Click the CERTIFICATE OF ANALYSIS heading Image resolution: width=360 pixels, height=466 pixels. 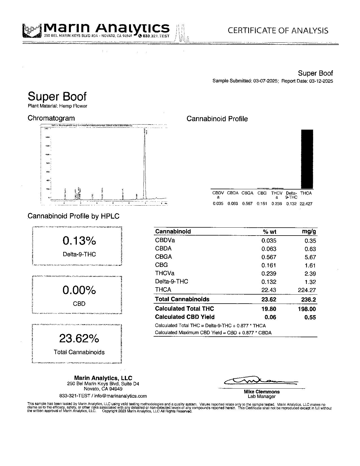pyautogui.click(x=278, y=31)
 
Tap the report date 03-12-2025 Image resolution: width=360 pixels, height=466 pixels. pyautogui.click(x=321, y=81)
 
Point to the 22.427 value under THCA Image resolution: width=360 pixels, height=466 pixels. pyautogui.click(x=306, y=204)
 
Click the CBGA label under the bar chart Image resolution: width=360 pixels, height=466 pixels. pyautogui.click(x=247, y=193)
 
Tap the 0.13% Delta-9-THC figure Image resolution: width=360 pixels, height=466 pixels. pyautogui.click(x=79, y=241)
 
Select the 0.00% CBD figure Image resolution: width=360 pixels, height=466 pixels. pyautogui.click(x=79, y=290)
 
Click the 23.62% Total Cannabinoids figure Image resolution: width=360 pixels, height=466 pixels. pyautogui.click(x=79, y=338)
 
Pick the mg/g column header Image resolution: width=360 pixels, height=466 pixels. pyautogui.click(x=309, y=232)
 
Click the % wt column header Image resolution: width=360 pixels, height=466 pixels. pyautogui.click(x=269, y=232)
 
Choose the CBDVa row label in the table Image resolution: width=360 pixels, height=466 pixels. pyautogui.click(x=165, y=240)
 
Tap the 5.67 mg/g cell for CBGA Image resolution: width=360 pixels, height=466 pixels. pyautogui.click(x=310, y=257)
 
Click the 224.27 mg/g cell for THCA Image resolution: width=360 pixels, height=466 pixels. pyautogui.click(x=307, y=290)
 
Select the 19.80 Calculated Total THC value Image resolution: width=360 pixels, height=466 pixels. pyautogui.click(x=269, y=309)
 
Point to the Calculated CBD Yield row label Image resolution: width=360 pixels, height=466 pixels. pyautogui.click(x=185, y=317)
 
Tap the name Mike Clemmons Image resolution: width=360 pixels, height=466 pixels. pyautogui.click(x=262, y=392)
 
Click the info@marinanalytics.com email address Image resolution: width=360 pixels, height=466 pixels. pyautogui.click(x=121, y=396)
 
